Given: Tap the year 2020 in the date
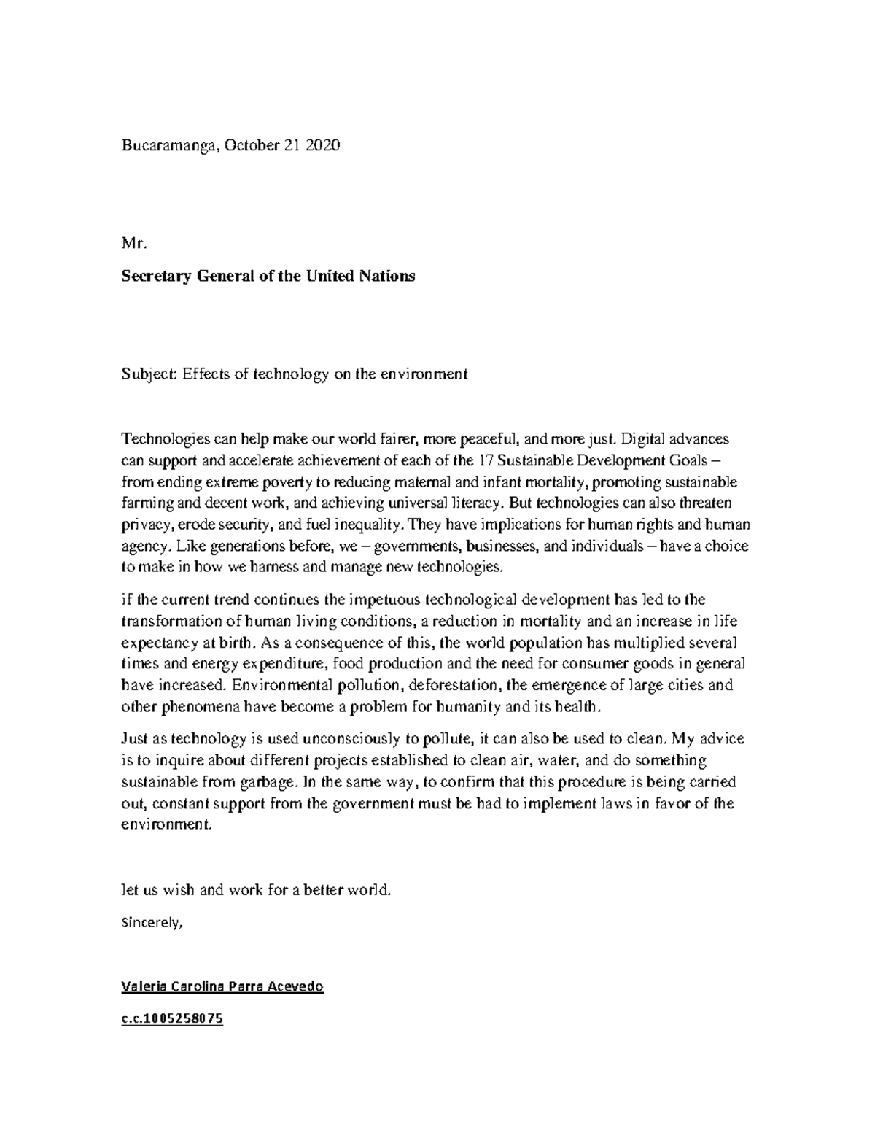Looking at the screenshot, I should tap(323, 145).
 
